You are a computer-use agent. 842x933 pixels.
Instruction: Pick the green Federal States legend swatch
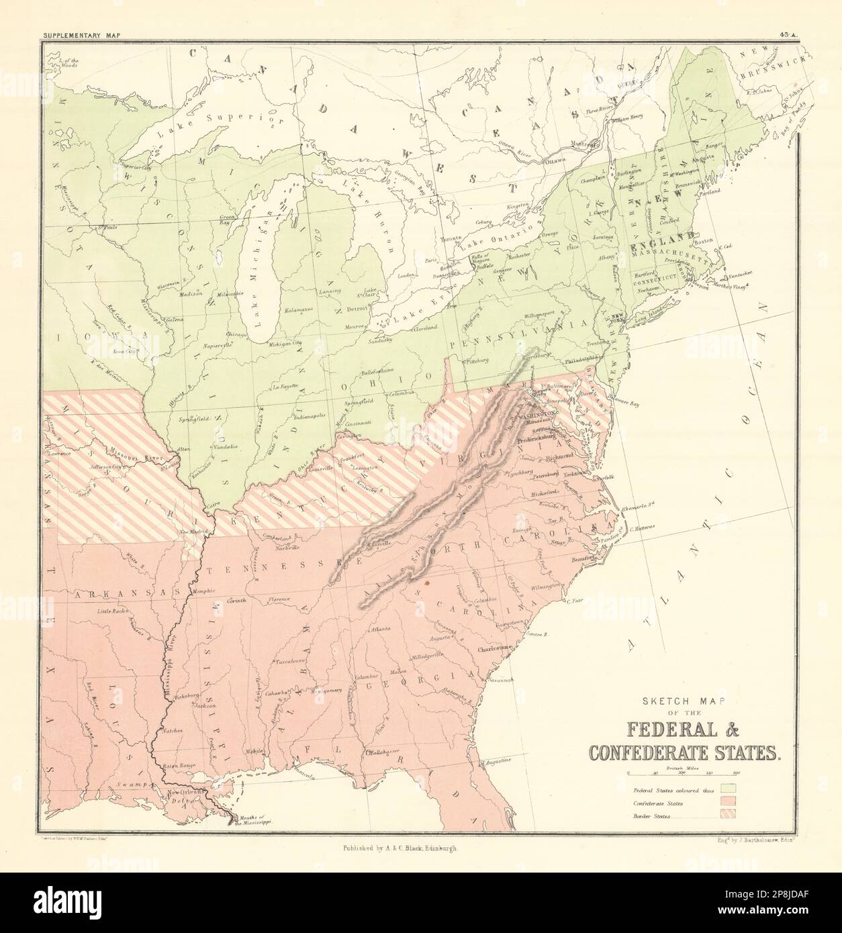pyautogui.click(x=729, y=785)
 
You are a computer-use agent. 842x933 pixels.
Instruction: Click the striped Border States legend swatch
pyautogui.click(x=729, y=814)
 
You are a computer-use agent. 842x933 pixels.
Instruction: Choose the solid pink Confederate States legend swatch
pyautogui.click(x=729, y=800)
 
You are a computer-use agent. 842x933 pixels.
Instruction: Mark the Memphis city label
pyautogui.click(x=201, y=591)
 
